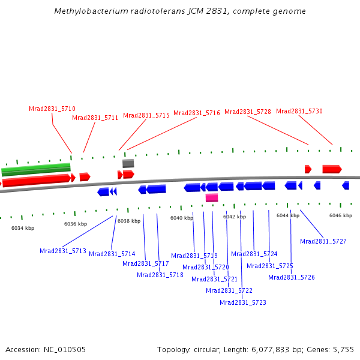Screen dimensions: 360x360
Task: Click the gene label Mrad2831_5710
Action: click(52, 109)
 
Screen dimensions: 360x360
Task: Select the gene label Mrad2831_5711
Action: click(95, 118)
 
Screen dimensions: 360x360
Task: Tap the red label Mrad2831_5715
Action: click(146, 115)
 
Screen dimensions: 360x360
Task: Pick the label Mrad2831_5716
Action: click(197, 113)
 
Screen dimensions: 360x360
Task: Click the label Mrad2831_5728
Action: click(248, 112)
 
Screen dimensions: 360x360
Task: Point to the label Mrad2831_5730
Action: click(299, 111)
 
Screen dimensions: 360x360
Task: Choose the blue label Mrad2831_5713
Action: click(63, 251)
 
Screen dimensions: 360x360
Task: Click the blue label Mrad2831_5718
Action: click(160, 275)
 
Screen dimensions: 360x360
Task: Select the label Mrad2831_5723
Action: click(243, 302)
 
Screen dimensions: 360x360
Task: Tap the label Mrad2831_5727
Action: click(323, 241)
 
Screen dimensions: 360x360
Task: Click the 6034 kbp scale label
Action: click(23, 228)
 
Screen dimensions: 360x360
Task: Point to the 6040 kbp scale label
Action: click(181, 218)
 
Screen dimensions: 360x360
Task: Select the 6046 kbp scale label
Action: click(340, 215)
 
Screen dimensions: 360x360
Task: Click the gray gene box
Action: click(128, 163)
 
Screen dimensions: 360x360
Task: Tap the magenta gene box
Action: click(212, 197)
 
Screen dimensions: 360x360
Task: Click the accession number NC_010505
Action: click(64, 349)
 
